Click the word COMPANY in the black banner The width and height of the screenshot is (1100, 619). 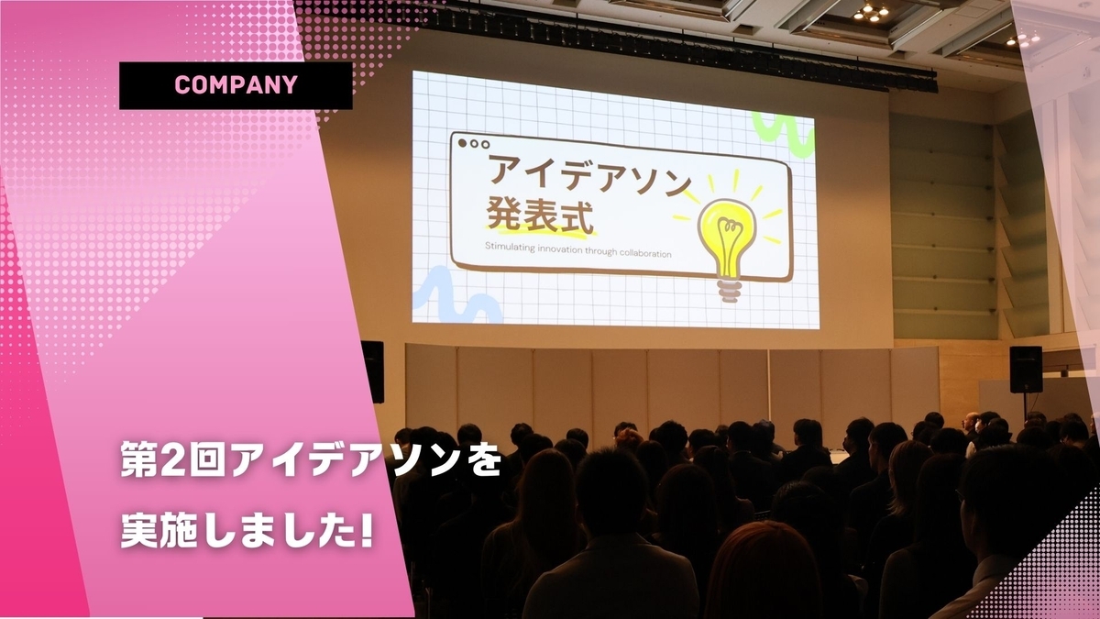[236, 85]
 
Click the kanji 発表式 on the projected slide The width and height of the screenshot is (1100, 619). [540, 216]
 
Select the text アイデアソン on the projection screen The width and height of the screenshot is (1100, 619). [589, 174]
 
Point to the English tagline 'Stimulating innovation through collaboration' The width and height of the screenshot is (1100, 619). [578, 249]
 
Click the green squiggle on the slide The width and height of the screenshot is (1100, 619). [783, 134]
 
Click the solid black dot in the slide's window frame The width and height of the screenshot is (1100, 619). [462, 143]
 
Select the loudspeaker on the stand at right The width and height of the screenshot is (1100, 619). [1026, 370]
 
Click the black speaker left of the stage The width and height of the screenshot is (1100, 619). [373, 371]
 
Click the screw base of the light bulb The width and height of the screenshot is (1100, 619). [730, 290]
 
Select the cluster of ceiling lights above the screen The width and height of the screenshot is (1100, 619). [872, 12]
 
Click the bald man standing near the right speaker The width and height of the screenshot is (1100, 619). [970, 426]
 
